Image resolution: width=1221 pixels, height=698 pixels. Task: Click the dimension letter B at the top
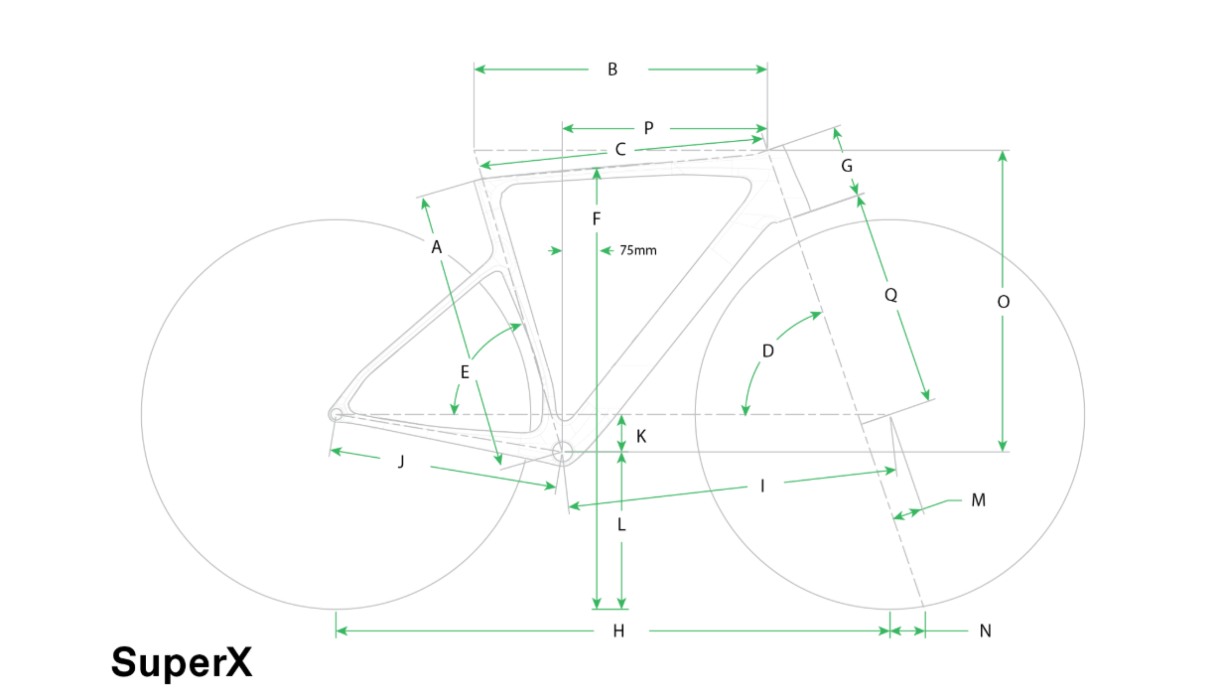pyautogui.click(x=612, y=70)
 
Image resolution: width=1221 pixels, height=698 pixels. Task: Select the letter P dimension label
pyautogui.click(x=648, y=128)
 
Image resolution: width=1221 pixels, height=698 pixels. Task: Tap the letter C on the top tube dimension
pyautogui.click(x=620, y=149)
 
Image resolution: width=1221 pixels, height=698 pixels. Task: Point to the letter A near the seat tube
pyautogui.click(x=436, y=247)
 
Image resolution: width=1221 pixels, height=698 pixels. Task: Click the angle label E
pyautogui.click(x=465, y=372)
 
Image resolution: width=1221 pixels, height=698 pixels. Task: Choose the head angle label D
pyautogui.click(x=768, y=351)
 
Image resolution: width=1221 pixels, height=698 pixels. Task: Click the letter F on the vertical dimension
pyautogui.click(x=597, y=219)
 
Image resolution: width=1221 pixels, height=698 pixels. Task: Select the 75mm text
pyautogui.click(x=637, y=251)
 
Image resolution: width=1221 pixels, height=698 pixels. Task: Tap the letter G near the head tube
pyautogui.click(x=847, y=166)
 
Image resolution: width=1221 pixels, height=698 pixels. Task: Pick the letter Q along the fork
pyautogui.click(x=890, y=295)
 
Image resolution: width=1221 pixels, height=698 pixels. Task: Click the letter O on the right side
pyautogui.click(x=1003, y=302)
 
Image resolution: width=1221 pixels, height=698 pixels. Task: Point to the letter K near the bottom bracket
pyautogui.click(x=641, y=436)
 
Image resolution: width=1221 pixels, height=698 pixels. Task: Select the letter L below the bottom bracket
pyautogui.click(x=620, y=524)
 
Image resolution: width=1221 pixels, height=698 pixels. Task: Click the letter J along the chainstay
pyautogui.click(x=401, y=462)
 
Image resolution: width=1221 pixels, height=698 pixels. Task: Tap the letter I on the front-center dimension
pyautogui.click(x=762, y=486)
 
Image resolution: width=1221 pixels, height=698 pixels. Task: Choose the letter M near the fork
pyautogui.click(x=979, y=500)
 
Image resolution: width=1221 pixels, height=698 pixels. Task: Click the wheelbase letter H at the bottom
pyautogui.click(x=618, y=631)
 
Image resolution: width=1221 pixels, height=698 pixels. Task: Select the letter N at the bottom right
pyautogui.click(x=985, y=631)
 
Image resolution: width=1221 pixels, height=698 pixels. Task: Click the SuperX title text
pyautogui.click(x=182, y=663)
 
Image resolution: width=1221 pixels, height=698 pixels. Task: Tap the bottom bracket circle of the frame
pyautogui.click(x=563, y=442)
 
